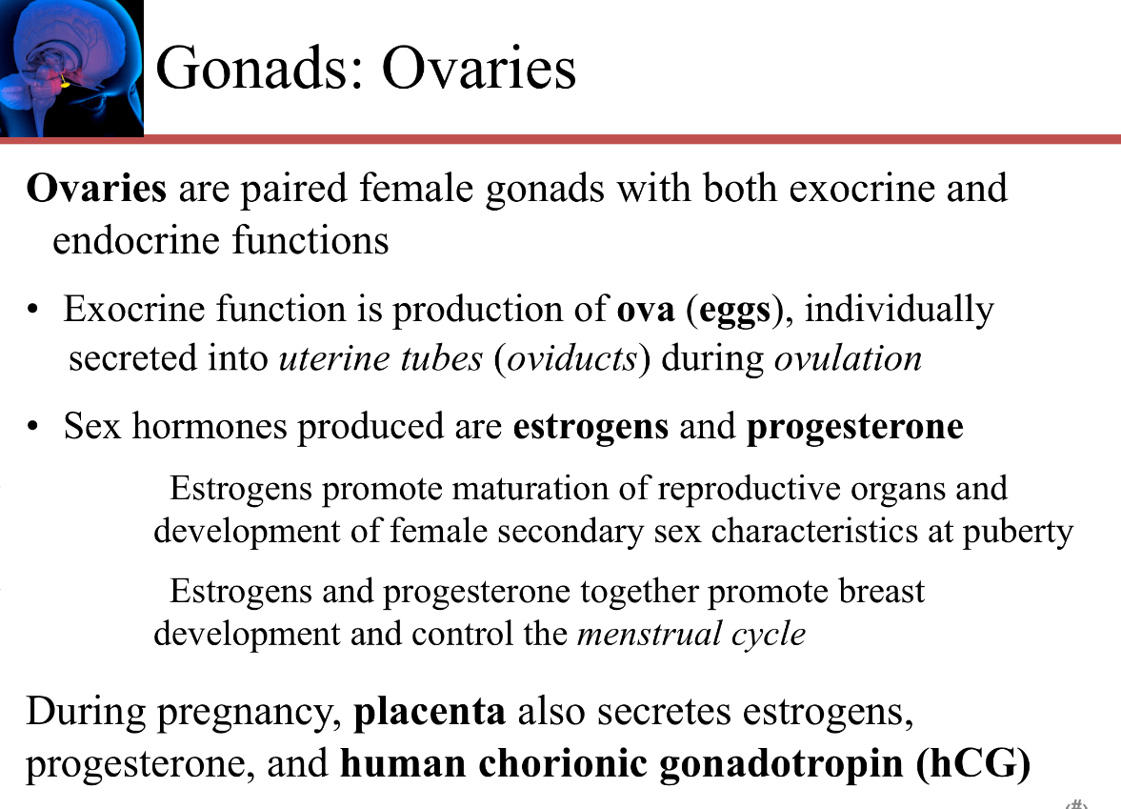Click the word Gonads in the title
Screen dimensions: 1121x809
pos(256,69)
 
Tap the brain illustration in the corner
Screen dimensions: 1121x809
pos(71,68)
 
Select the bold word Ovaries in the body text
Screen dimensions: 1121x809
pos(96,188)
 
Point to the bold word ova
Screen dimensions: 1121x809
pos(646,310)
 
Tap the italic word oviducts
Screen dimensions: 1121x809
pos(572,358)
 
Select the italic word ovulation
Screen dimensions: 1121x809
pos(848,358)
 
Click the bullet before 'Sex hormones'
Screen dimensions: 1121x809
pos(32,427)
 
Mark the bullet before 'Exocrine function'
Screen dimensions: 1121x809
pos(32,310)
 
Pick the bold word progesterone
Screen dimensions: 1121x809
pos(855,427)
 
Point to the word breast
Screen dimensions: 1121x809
pos(882,592)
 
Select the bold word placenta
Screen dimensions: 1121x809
pos(430,712)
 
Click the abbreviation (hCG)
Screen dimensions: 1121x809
pos(973,762)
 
